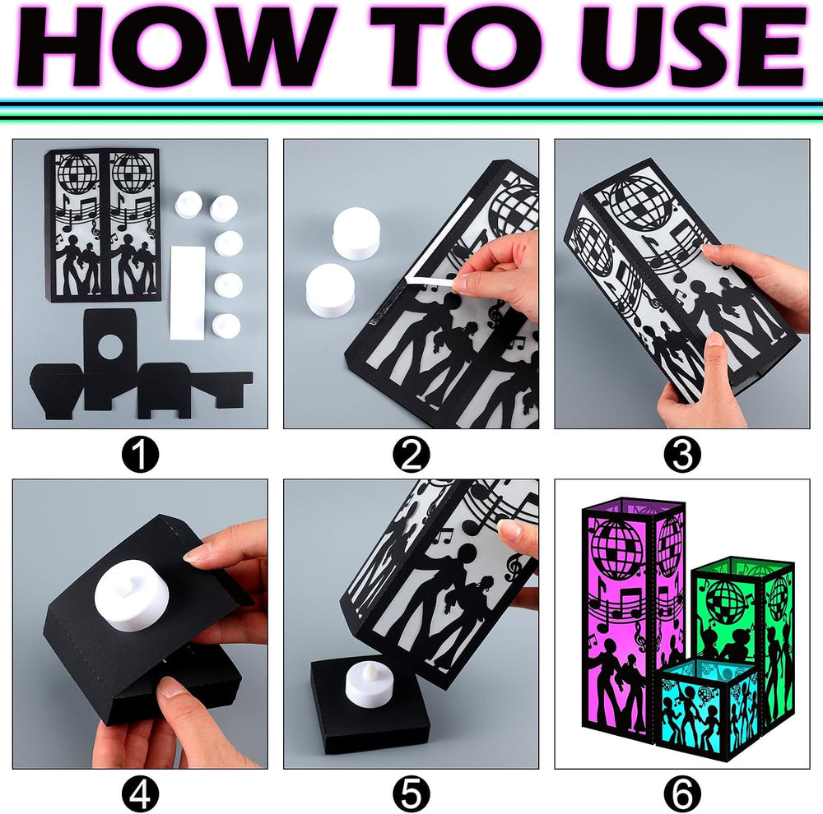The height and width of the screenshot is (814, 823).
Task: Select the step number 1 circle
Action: [140, 455]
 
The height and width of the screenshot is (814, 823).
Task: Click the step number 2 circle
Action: [411, 455]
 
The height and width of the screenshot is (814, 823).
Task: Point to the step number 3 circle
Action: [681, 455]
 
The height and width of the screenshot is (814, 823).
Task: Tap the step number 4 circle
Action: [140, 794]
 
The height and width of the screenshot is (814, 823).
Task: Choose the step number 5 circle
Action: [411, 794]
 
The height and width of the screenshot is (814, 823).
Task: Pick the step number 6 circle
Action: [681, 794]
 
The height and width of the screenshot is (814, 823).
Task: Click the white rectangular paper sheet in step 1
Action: [188, 292]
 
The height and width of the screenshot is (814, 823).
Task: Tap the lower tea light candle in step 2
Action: [331, 289]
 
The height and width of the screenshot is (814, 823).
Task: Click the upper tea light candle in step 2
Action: [356, 233]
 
